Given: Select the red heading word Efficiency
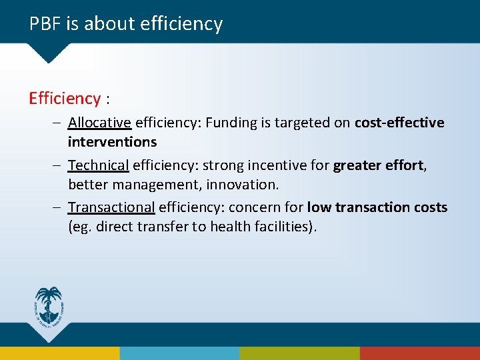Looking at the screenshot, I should [x=65, y=99].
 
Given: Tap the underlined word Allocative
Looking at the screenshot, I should [x=99, y=123].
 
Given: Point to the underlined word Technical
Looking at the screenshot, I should [x=98, y=165].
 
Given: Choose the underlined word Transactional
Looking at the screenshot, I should [x=111, y=207].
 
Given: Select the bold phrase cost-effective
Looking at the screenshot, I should [x=399, y=123].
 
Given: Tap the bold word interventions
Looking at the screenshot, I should [x=112, y=142].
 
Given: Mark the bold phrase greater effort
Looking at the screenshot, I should [x=379, y=165].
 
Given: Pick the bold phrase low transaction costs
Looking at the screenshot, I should [x=377, y=207].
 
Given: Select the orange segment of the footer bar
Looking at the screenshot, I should [x=60, y=353].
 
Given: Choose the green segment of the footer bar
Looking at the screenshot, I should [x=299, y=353].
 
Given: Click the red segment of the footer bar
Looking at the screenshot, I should [x=419, y=353].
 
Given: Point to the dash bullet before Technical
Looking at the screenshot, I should [x=58, y=165].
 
